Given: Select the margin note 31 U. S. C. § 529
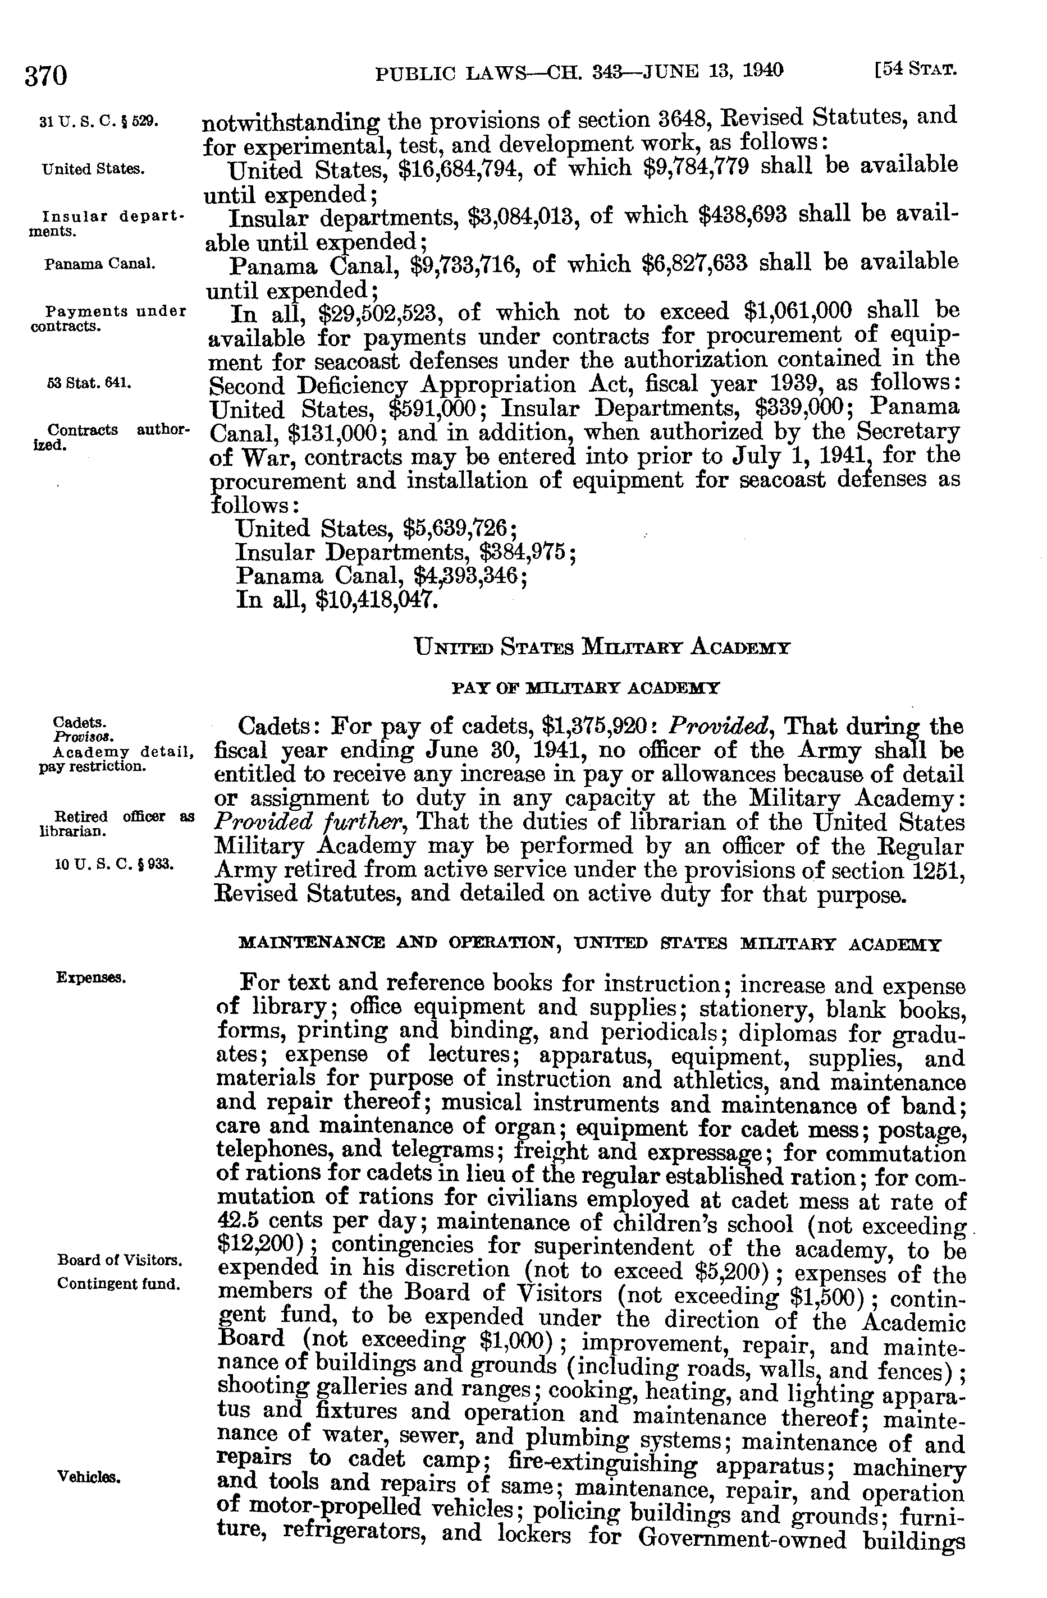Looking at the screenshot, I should [x=98, y=122].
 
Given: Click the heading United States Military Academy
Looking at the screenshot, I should [x=602, y=648].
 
